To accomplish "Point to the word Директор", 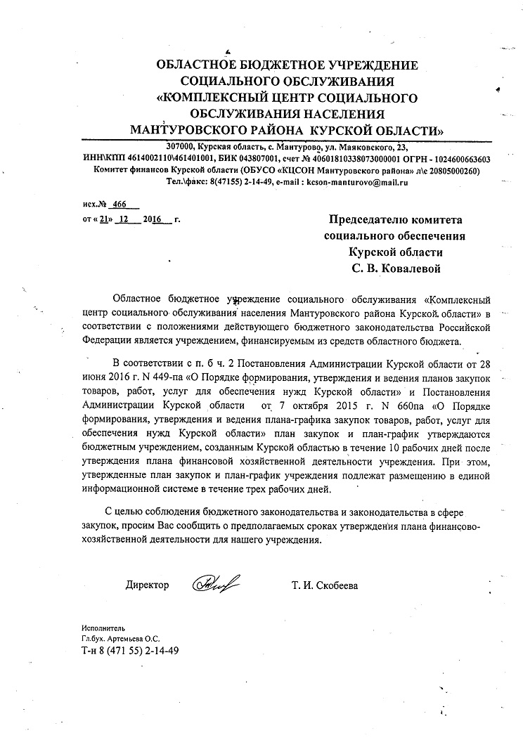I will pyautogui.click(x=147, y=585).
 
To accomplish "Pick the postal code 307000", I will pyautogui.click(x=181, y=147).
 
